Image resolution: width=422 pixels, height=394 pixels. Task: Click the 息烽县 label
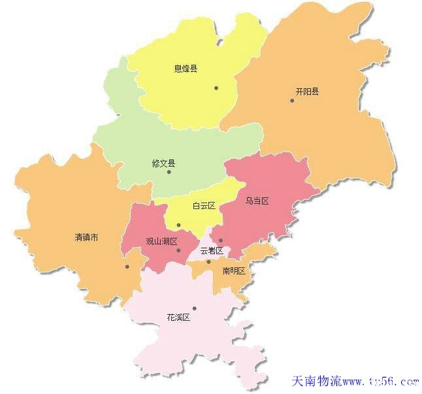click(186, 68)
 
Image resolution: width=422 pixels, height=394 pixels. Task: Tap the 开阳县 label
click(307, 92)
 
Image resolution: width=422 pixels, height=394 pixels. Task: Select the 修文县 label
click(163, 163)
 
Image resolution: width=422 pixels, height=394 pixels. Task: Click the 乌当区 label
click(257, 201)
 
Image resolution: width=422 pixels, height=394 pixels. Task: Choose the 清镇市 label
click(87, 238)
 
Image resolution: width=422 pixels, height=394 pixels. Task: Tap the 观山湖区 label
click(161, 241)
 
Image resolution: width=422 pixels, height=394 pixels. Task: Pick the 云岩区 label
click(212, 250)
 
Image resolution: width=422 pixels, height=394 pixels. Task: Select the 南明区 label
click(233, 271)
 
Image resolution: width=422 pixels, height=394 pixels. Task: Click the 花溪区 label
click(178, 318)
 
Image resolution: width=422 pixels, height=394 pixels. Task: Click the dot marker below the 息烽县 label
click(216, 88)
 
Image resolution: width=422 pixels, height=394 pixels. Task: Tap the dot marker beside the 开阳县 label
click(292, 100)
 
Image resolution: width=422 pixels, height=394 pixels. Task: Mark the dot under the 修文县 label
click(169, 172)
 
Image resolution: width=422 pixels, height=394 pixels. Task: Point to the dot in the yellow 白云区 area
click(178, 225)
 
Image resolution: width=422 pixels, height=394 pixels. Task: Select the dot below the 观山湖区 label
click(178, 250)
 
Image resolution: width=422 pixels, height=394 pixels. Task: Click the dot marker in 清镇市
click(127, 266)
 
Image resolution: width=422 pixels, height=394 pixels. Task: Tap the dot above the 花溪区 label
click(194, 308)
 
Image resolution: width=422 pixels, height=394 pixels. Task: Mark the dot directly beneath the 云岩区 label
click(208, 262)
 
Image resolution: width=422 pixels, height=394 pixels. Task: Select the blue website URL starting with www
click(380, 381)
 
